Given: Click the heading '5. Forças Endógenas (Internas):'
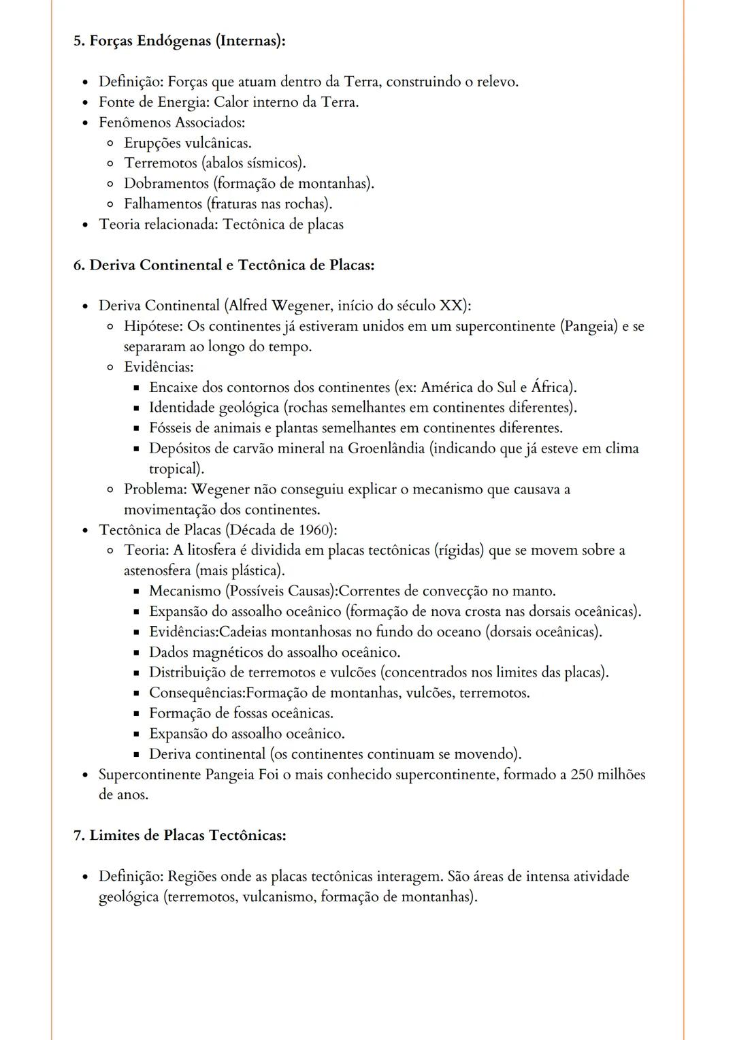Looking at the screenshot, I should click(179, 41).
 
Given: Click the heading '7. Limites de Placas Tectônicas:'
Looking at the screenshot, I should click(179, 835).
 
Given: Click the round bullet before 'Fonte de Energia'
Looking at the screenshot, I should click(85, 103).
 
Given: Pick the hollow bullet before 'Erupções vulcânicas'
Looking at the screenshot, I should click(110, 144).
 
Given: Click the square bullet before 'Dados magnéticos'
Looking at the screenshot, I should click(136, 653).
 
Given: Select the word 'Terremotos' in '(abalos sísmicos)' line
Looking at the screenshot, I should click(160, 163).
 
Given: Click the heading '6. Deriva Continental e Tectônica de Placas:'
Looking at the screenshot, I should click(223, 265).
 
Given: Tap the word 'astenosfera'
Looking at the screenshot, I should click(157, 570).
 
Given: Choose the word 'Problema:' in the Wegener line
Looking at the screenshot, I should click(155, 489).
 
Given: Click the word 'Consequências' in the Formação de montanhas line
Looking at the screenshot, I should click(195, 693).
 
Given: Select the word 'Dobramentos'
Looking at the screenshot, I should click(166, 184).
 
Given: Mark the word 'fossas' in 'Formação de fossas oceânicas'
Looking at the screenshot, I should click(250, 713).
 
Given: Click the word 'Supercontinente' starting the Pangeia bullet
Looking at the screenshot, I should click(150, 775).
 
